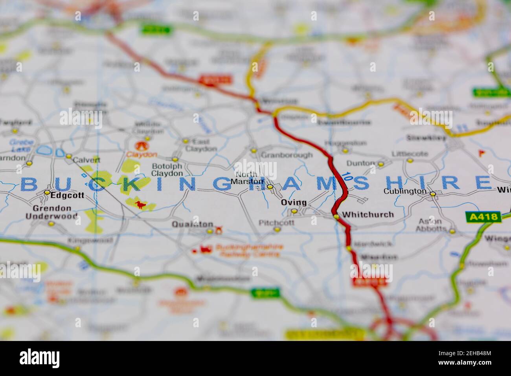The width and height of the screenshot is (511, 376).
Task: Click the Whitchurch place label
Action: coord(368,215)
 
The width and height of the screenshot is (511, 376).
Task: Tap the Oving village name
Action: coord(294,203)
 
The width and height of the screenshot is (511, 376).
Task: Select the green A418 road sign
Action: coord(483,217)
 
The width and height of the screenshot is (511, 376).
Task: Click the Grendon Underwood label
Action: coord(51,212)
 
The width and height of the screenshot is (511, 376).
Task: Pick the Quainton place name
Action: coord(192,225)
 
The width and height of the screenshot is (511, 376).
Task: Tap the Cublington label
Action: coord(405,192)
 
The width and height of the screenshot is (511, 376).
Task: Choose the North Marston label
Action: coord(248,178)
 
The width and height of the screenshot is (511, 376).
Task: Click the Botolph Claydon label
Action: coord(167,170)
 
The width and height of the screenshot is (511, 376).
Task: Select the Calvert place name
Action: coord(86,160)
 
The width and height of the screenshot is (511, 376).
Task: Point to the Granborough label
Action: coord(287,155)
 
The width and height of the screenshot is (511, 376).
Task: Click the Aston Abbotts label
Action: coord(431,225)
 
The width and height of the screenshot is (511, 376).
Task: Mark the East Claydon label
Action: coord(201,145)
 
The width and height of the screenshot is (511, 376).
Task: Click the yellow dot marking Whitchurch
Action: coord(336,217)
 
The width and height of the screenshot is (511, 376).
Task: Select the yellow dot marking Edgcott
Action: coord(47,193)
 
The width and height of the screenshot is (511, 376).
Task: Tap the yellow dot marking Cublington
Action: coord(433,194)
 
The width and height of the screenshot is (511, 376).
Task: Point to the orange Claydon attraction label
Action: coord(142,155)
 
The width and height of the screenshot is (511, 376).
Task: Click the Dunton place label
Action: coord(361,163)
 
